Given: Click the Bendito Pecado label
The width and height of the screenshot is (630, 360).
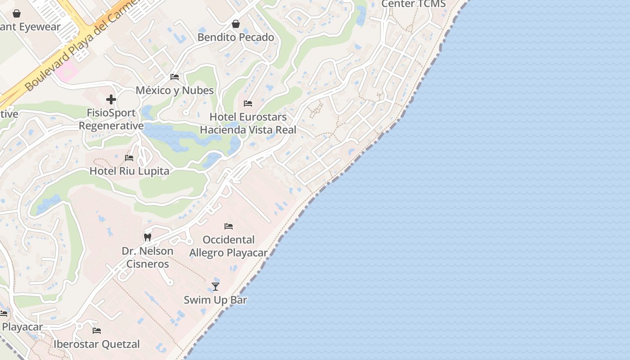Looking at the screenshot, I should click(x=236, y=37).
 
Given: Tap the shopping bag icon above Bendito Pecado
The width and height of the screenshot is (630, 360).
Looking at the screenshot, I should click(x=236, y=24).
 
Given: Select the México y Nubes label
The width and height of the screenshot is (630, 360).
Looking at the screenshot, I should click(x=175, y=90).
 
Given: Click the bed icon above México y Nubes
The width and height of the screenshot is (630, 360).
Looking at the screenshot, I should click(x=175, y=77).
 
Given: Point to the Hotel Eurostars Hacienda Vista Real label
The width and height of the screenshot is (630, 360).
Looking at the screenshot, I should click(x=248, y=124).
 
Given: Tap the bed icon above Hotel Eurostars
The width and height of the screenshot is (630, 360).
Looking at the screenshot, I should click(x=248, y=103).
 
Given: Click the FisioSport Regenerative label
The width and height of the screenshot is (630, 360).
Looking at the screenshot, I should click(x=111, y=119).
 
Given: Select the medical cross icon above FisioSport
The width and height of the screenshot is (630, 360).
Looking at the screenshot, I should click(x=111, y=99).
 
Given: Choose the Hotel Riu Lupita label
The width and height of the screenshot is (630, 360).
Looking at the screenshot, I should click(x=129, y=171).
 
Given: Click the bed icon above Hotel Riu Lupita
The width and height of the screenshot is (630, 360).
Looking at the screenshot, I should click(x=129, y=158).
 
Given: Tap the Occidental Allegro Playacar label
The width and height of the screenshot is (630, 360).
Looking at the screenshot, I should click(x=229, y=246).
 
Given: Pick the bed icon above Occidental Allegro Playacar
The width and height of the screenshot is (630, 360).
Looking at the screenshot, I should click(x=229, y=226).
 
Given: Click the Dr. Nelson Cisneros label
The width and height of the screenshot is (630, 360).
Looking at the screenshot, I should click(x=148, y=257).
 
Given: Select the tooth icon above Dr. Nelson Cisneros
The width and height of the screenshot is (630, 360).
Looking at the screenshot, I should click(x=147, y=237).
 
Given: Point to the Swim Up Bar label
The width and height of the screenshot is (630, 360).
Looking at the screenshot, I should click(x=216, y=300).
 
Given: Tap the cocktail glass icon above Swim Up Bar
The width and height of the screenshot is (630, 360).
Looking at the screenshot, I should click(x=216, y=287).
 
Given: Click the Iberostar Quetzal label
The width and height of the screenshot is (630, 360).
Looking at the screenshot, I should click(x=97, y=344).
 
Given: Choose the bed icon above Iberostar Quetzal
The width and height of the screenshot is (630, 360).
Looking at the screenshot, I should click(x=97, y=331).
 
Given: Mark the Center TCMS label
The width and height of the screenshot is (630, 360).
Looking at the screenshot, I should click(x=413, y=4).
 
